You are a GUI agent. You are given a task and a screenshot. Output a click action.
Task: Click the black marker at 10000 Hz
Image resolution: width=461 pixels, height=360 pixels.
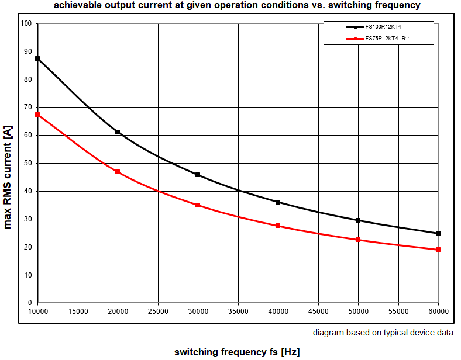tap(37, 58)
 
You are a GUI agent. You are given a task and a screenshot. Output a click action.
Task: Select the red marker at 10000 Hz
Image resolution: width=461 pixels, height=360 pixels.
tap(37, 115)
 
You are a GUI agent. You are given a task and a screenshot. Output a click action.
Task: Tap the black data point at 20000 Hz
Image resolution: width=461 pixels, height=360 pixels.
tap(118, 132)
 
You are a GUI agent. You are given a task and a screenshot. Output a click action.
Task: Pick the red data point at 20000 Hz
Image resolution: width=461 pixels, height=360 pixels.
tap(118, 172)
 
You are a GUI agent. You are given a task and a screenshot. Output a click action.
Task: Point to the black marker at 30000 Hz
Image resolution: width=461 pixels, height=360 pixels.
tap(198, 175)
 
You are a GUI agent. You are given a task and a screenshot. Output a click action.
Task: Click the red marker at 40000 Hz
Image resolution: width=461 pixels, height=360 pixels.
tap(278, 226)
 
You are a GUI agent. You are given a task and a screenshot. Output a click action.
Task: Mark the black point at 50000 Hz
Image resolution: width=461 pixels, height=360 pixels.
tap(358, 220)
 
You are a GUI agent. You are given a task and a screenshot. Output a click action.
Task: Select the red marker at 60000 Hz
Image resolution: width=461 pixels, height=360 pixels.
tap(438, 250)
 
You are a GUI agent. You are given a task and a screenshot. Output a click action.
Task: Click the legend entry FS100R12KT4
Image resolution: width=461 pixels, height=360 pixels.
tap(383, 27)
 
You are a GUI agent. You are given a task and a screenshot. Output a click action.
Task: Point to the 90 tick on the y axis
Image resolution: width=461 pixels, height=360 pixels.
tap(27, 51)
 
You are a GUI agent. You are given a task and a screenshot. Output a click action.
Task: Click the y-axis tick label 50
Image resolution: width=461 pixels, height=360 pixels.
tap(27, 163)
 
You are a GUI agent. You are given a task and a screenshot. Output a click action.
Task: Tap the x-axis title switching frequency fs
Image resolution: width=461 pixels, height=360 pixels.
tap(237, 352)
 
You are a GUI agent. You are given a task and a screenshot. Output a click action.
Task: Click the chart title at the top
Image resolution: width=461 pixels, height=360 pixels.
tap(237, 5)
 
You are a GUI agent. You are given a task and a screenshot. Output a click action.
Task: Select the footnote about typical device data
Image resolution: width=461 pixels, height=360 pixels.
tap(383, 333)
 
